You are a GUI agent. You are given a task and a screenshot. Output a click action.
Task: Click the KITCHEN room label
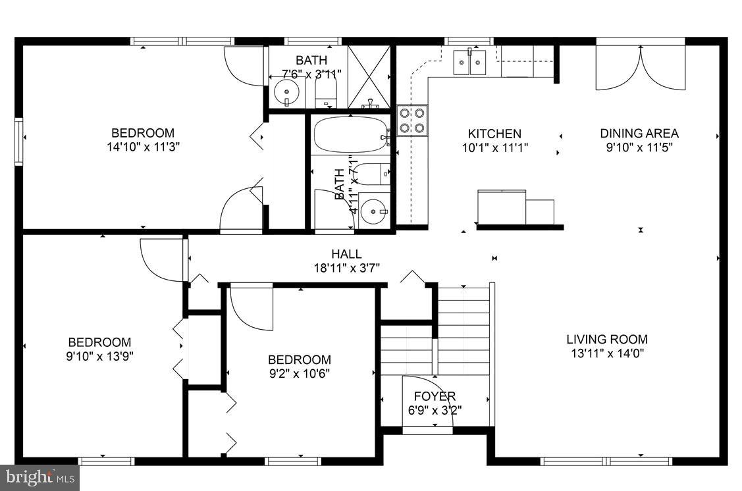click(x=494, y=134)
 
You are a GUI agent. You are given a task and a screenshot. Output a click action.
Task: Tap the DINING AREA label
click(x=639, y=134)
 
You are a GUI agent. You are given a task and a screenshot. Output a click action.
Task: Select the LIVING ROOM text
click(x=606, y=340)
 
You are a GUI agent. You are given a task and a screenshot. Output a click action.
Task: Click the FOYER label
click(x=435, y=396)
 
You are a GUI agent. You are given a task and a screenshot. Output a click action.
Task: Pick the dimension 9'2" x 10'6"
click(x=299, y=373)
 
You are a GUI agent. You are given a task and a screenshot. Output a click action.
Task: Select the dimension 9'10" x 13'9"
click(x=99, y=356)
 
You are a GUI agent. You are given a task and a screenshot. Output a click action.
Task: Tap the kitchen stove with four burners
click(x=412, y=120)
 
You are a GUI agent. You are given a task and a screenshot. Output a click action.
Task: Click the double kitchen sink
click(x=469, y=63)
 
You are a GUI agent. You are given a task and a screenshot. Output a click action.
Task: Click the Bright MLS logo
click(x=40, y=477)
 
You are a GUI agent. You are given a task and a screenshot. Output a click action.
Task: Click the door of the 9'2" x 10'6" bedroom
click(x=252, y=307)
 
